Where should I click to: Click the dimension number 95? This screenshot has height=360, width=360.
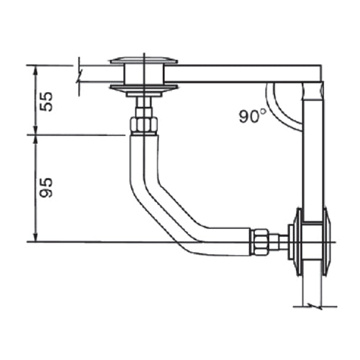tap(45, 189)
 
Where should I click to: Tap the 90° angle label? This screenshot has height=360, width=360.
tap(253, 114)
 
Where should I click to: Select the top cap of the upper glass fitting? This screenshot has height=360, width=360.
tap(145, 60)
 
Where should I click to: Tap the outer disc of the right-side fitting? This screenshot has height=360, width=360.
tap(327, 243)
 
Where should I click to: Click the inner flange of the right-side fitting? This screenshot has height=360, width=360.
tap(294, 243)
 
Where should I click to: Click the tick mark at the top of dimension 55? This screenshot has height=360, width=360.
tap(34, 65)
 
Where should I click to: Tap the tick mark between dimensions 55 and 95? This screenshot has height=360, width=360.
tap(34, 134)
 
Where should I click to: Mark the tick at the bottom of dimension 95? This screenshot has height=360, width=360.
tap(34, 241)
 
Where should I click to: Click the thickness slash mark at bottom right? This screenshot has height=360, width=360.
tap(317, 305)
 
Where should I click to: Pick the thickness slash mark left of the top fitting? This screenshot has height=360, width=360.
tap(78, 76)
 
